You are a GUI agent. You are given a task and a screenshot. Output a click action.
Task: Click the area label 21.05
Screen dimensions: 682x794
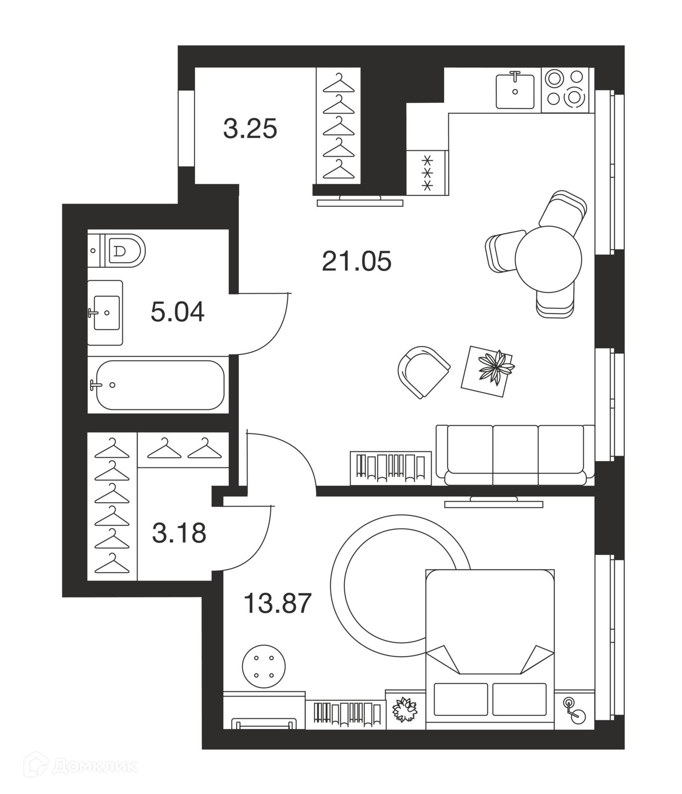[356, 261]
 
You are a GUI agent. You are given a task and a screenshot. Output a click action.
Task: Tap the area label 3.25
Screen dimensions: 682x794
[250, 129]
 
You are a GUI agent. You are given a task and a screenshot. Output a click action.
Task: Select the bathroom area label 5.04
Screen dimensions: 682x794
[177, 313]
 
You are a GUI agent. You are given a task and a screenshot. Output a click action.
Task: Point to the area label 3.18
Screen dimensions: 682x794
[179, 533]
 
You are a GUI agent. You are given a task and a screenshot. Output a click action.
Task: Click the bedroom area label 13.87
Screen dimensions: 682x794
[277, 603]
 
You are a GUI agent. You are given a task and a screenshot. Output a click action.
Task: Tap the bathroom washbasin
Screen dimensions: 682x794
[105, 313]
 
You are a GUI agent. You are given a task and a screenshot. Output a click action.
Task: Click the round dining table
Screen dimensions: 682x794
[548, 259]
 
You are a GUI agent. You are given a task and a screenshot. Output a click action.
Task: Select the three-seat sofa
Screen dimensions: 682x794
[515, 455]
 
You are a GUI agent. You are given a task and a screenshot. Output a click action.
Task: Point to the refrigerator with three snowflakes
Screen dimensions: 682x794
[427, 173]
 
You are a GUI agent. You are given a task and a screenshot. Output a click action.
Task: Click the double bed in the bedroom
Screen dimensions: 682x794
[490, 649]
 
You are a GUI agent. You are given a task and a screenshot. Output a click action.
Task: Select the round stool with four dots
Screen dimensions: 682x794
[264, 666]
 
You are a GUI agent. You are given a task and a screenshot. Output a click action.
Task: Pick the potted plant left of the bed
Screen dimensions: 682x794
[406, 709]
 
